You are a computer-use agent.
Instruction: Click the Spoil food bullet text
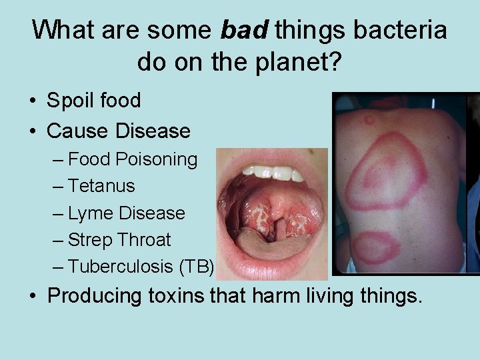[x=93, y=101]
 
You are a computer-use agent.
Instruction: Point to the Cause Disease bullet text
[x=118, y=131]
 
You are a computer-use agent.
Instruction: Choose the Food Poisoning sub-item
[x=133, y=159]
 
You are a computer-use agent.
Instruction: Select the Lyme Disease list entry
[x=126, y=213]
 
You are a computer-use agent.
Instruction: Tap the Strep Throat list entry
[x=119, y=240]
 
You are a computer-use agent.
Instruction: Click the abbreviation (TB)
[x=196, y=267]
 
